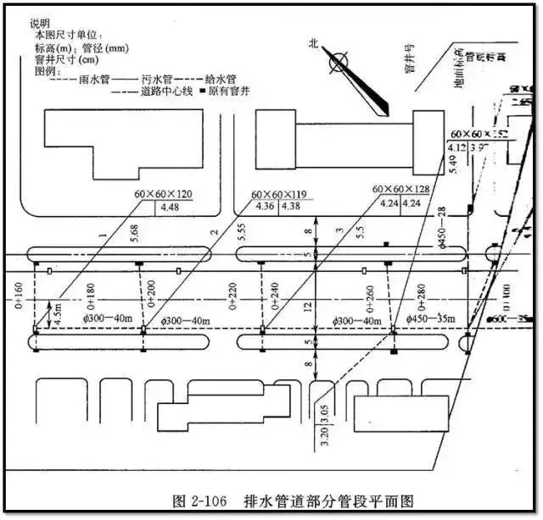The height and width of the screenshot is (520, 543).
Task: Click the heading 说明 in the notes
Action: [x=41, y=23]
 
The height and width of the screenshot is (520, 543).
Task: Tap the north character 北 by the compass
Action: [x=313, y=42]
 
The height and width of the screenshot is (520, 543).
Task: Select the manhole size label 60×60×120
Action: [x=163, y=194]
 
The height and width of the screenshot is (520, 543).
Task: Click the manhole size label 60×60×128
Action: [x=401, y=189]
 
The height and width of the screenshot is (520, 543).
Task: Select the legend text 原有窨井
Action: [x=229, y=90]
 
